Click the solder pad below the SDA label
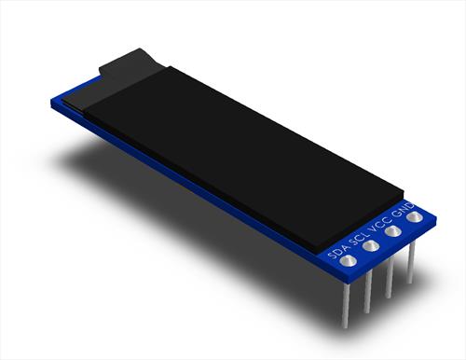(x=348, y=261)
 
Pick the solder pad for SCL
(x=371, y=246)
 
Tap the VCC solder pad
(x=392, y=231)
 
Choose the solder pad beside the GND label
(x=415, y=216)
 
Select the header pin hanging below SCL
(x=367, y=292)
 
